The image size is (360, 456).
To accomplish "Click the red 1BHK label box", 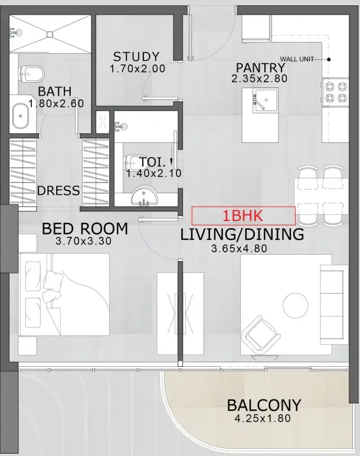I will tap(243, 216).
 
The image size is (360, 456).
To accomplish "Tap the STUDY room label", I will tap(136, 57).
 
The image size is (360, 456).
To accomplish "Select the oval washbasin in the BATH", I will tap(22, 116).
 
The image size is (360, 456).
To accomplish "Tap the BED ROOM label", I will tap(84, 229).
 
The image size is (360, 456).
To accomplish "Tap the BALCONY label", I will tap(264, 406).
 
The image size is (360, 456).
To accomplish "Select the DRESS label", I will tap(58, 191).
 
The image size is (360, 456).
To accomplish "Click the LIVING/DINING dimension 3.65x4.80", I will tap(239, 249).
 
